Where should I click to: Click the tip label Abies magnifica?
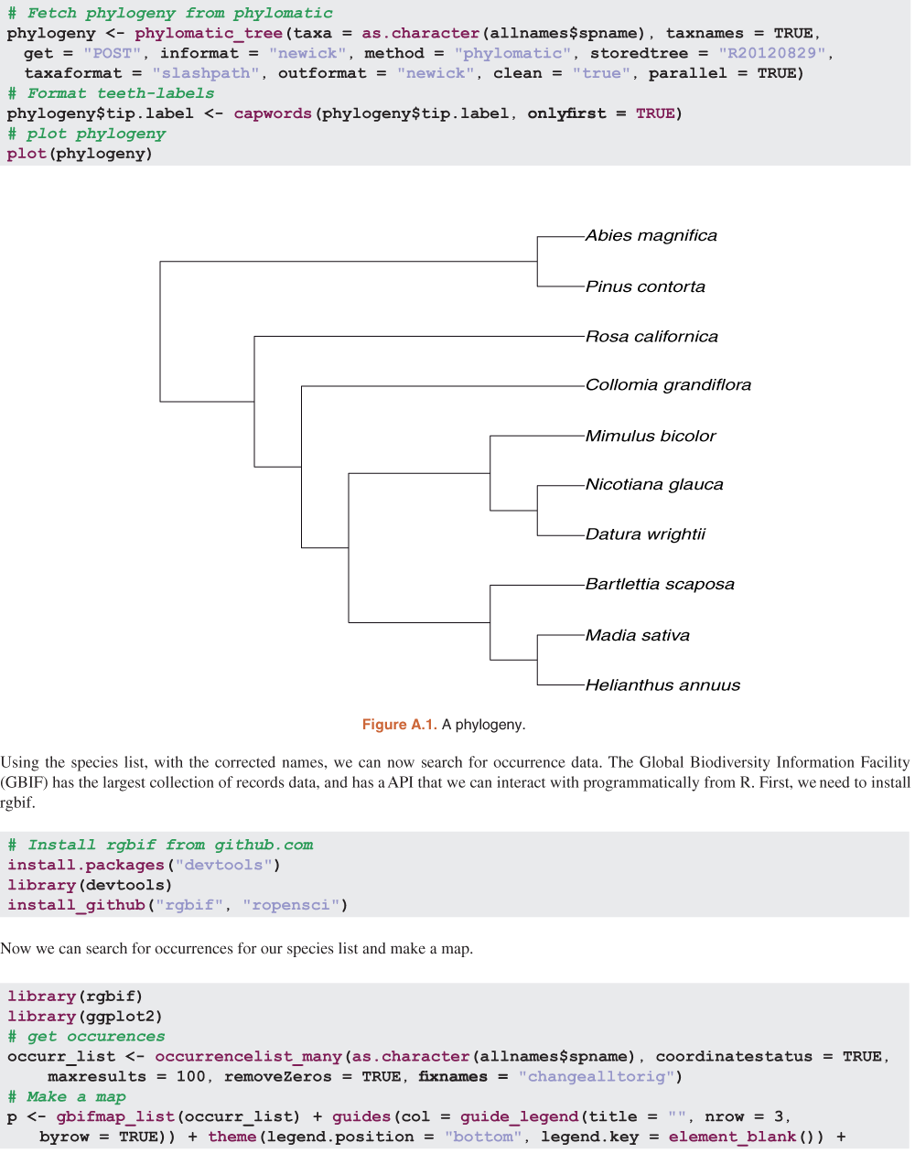pos(651,236)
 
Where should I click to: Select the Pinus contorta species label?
pos(645,287)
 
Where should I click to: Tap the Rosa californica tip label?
pos(651,337)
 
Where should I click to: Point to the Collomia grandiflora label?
pos(668,385)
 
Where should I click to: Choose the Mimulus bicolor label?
pos(651,436)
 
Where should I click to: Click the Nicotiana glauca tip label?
pos(654,485)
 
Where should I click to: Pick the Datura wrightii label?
pos(645,534)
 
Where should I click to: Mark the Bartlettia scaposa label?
pos(660,585)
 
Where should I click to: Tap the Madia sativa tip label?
pos(637,636)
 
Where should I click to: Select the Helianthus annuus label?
pos(662,685)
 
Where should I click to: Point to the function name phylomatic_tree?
pos(209,33)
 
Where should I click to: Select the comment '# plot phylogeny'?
pos(86,134)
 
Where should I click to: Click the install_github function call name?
pos(76,905)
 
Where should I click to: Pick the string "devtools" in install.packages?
pos(224,865)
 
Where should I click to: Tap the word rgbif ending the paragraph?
pos(17,803)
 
